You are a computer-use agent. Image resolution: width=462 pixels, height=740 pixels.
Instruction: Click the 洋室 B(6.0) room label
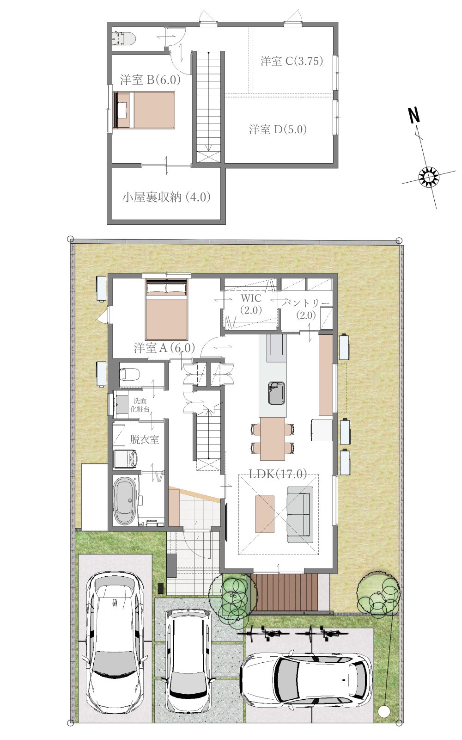coord(150,80)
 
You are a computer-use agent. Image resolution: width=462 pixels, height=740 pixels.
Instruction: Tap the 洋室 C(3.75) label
coord(292,61)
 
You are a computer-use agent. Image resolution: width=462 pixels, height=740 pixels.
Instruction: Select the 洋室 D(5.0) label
coord(278,129)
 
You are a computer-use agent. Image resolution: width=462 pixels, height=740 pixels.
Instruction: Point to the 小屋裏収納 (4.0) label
coord(166,197)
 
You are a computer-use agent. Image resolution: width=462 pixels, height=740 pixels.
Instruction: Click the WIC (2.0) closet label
coord(251,304)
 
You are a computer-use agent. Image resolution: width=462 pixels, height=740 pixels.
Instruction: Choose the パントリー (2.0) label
coord(306,309)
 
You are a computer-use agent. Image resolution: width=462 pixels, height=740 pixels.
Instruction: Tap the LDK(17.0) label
coord(278,474)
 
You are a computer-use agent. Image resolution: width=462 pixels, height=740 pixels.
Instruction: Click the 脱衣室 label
coord(145,439)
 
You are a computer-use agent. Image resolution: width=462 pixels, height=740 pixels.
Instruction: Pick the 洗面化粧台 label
coord(140,405)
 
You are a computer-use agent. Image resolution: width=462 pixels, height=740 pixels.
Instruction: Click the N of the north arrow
coord(414,115)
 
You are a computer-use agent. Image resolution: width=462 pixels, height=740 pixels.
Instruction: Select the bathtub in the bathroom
coord(125,500)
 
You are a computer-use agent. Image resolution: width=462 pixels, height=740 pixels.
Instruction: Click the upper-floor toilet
coord(124,38)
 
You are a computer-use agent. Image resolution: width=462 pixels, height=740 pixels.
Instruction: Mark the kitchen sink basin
coord(276,393)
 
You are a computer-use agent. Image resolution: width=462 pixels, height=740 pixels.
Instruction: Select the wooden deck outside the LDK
coord(284,592)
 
